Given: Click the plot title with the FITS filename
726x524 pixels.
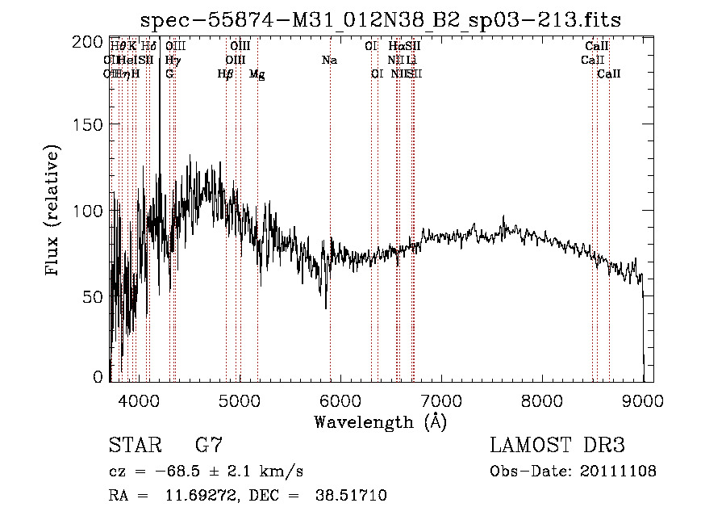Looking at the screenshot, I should [x=380, y=20].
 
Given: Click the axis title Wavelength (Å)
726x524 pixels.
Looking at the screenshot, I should [x=380, y=421].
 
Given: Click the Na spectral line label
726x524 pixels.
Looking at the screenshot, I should [x=329, y=61].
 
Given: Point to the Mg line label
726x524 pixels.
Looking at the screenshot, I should [x=257, y=74].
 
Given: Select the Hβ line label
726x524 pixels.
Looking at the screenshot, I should [x=226, y=74].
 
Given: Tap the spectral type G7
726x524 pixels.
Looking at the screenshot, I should [x=209, y=446].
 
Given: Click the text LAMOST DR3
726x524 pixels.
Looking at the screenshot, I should [x=557, y=446].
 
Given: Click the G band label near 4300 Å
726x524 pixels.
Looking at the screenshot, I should [x=169, y=74].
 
